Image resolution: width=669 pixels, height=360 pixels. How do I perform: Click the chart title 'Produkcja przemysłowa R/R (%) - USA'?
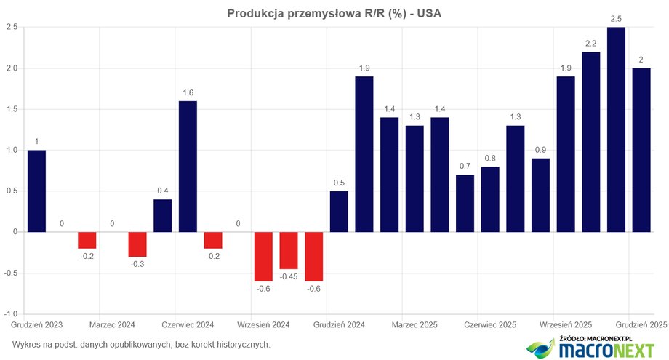point(334,13)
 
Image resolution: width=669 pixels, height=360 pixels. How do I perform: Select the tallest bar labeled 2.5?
point(616,129)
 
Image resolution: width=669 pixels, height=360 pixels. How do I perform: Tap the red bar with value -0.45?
point(289,251)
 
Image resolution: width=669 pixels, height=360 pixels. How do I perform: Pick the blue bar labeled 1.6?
point(188,166)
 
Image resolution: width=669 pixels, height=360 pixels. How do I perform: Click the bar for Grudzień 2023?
point(36,191)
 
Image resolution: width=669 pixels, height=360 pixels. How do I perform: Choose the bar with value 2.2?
point(590,142)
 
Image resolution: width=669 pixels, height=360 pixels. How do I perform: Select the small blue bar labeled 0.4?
point(163,216)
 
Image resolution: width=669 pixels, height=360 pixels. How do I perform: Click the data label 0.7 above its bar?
point(465,167)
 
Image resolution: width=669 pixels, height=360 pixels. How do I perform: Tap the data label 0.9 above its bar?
point(540,150)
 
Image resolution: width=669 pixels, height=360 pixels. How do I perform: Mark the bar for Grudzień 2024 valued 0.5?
point(339,212)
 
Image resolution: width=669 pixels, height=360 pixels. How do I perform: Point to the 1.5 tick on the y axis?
point(12,109)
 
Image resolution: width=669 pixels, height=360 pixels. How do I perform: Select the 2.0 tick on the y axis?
point(12,68)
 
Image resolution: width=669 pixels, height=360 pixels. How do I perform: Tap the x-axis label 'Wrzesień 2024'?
point(263,324)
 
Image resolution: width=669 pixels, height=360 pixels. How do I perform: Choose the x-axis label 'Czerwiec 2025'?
point(490,324)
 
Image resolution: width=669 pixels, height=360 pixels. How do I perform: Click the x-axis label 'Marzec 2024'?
point(112,324)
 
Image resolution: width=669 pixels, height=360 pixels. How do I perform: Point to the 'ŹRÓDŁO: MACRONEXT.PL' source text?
point(596,339)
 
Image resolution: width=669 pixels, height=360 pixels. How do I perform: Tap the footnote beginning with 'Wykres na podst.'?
point(141,344)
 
